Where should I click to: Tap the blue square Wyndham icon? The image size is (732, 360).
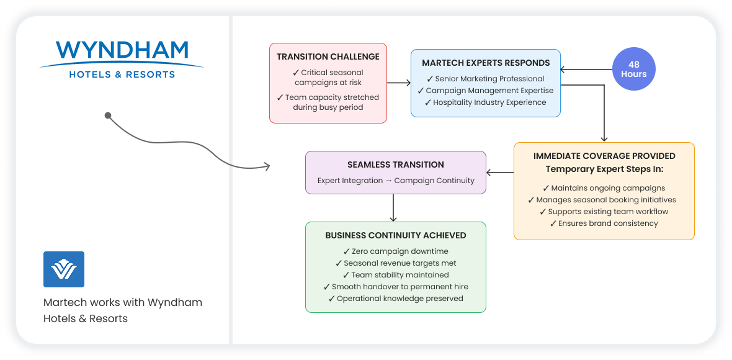(x=64, y=269)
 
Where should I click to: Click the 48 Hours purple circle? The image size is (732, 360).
(x=633, y=69)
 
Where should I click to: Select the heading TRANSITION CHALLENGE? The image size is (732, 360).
(x=328, y=56)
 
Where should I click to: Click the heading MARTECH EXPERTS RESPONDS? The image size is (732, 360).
(x=486, y=63)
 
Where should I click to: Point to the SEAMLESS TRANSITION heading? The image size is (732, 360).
(x=395, y=165)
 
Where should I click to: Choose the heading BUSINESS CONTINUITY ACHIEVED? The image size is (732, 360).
(x=395, y=235)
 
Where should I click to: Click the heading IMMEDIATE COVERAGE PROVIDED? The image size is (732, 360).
(x=604, y=156)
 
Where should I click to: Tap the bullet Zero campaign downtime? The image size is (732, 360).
(x=395, y=251)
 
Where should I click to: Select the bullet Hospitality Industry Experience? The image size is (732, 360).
(x=486, y=102)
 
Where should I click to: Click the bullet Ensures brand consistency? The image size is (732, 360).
(x=604, y=223)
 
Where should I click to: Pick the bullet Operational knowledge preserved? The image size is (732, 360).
(x=395, y=299)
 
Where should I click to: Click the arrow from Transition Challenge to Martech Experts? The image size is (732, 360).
(x=399, y=83)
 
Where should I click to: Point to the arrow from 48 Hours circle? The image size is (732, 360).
(x=586, y=70)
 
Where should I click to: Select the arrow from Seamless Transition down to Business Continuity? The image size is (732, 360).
(x=393, y=208)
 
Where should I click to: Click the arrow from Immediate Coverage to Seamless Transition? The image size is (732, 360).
(x=500, y=173)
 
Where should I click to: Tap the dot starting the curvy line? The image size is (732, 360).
(x=108, y=115)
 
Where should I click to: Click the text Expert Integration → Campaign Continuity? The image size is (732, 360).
(x=395, y=180)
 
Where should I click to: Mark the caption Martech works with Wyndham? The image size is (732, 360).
(x=123, y=302)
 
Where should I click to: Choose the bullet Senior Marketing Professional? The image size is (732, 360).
(x=486, y=78)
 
